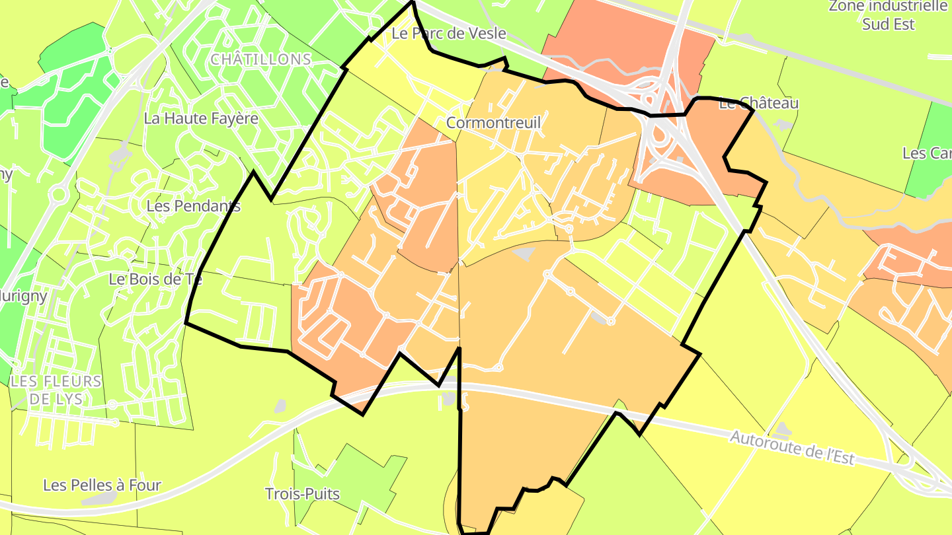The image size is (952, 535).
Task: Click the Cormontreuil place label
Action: (493, 123)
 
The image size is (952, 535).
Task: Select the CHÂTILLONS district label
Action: (260, 59)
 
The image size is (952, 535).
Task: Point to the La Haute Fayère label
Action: (201, 119)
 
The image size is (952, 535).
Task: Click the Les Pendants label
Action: (193, 206)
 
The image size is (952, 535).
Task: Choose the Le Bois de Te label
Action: (155, 279)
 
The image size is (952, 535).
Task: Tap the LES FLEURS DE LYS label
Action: (57, 390)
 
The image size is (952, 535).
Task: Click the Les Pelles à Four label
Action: (102, 485)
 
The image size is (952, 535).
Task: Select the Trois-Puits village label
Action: (302, 494)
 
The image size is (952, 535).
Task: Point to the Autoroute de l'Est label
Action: (792, 448)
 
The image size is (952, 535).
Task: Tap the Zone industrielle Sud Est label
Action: (888, 15)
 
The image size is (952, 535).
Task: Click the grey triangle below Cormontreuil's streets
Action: (524, 253)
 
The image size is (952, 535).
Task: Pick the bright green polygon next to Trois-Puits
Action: (357, 476)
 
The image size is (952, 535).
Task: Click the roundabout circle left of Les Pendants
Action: (58, 195)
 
